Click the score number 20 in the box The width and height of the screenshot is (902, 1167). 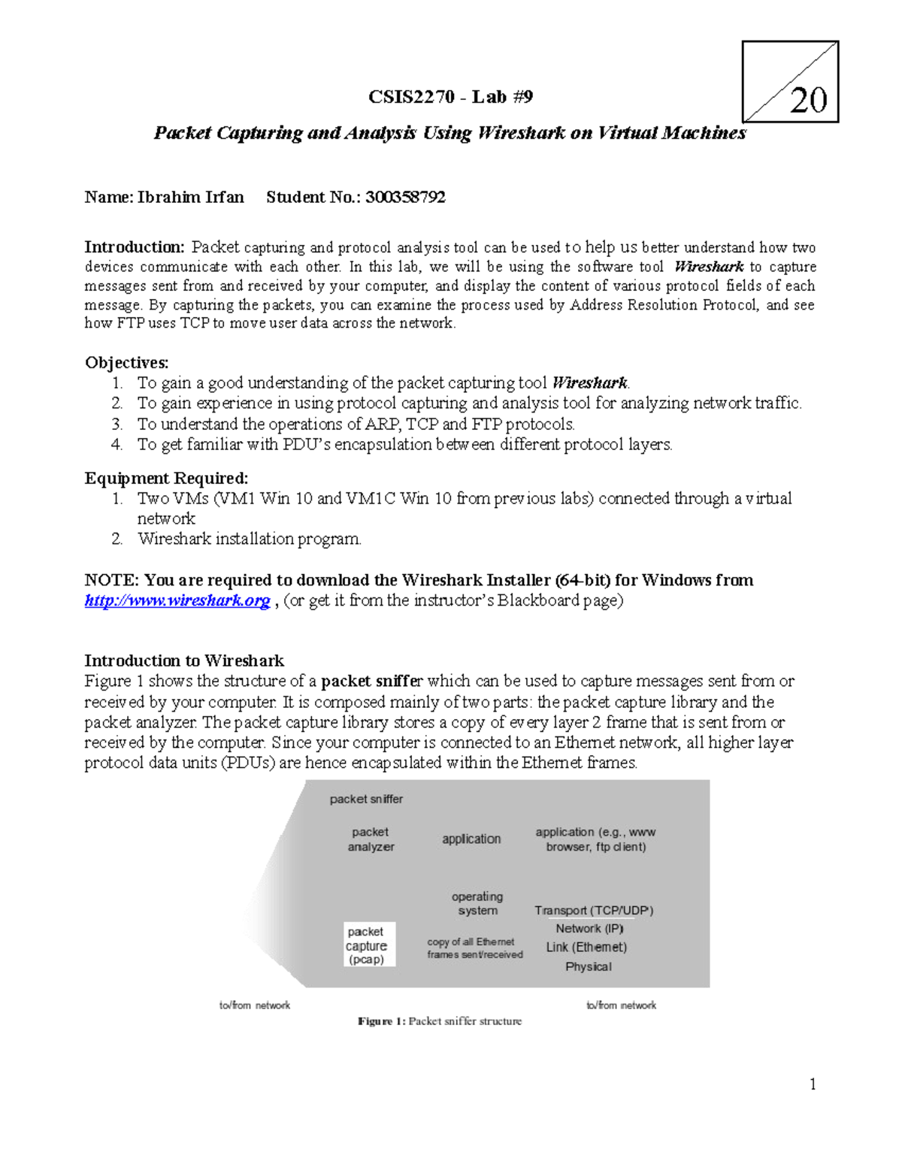click(x=808, y=100)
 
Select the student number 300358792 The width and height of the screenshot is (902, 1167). click(x=406, y=198)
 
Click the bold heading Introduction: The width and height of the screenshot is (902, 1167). click(x=134, y=247)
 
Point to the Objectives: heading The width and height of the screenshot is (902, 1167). click(x=126, y=363)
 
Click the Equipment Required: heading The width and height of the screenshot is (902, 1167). click(x=166, y=479)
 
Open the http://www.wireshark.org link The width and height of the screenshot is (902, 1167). click(x=177, y=600)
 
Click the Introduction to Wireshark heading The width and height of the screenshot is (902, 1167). click(x=184, y=661)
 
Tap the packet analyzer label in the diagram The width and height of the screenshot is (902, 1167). click(x=371, y=839)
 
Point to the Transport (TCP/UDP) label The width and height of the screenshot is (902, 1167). click(x=594, y=911)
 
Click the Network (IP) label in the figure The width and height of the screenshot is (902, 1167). click(x=590, y=929)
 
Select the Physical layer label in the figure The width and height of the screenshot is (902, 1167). click(x=589, y=967)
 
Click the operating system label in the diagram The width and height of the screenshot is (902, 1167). click(x=477, y=903)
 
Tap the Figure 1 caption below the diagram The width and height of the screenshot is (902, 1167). click(x=440, y=1021)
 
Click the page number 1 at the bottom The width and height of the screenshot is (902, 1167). click(x=813, y=1084)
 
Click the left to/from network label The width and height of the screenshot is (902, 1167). click(x=254, y=1005)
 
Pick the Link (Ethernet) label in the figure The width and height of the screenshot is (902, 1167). click(x=586, y=948)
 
